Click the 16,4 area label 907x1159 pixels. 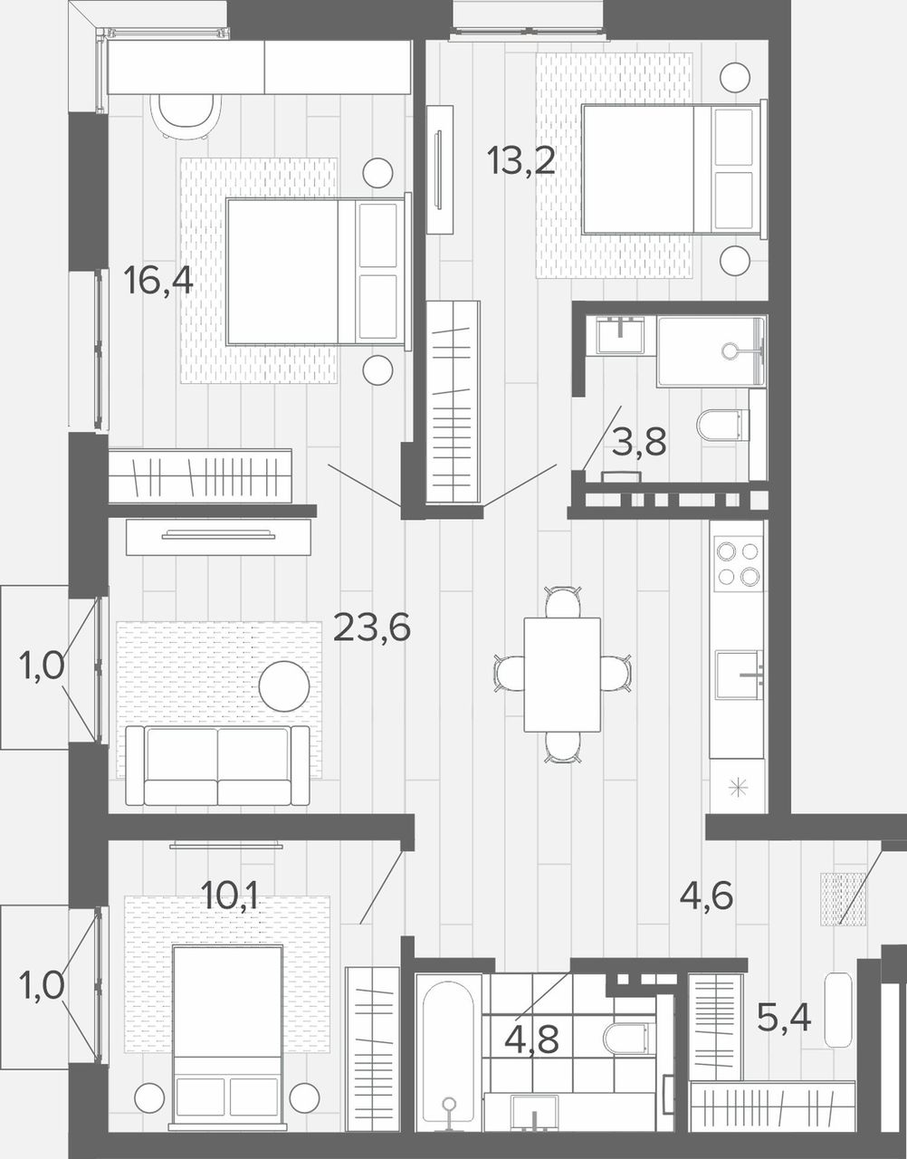pyautogui.click(x=158, y=282)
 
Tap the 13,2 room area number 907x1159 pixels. pyautogui.click(x=521, y=160)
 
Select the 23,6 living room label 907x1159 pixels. pyautogui.click(x=372, y=627)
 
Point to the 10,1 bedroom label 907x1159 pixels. pyautogui.click(x=230, y=896)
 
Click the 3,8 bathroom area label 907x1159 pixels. pyautogui.click(x=639, y=442)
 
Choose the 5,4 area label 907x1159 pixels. pyautogui.click(x=784, y=1018)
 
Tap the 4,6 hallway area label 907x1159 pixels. pyautogui.click(x=707, y=896)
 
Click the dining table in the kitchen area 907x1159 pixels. pyautogui.click(x=562, y=675)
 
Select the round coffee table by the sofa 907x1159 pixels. pyautogui.click(x=284, y=686)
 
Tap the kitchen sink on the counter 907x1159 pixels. pyautogui.click(x=739, y=675)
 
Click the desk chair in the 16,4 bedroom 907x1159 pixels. pyautogui.click(x=186, y=116)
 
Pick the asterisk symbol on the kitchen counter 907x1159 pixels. pyautogui.click(x=739, y=787)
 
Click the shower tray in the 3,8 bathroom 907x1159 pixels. pyautogui.click(x=711, y=351)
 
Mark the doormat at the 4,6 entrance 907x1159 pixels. pyautogui.click(x=843, y=899)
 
